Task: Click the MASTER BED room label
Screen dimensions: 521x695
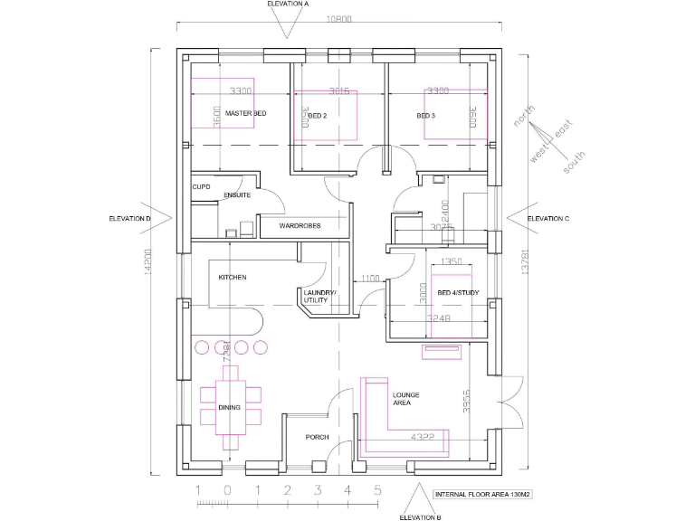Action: pos(245,114)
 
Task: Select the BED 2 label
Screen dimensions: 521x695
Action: pos(317,116)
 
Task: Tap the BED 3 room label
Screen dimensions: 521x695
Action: pos(426,116)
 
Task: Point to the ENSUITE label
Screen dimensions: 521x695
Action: pos(237,194)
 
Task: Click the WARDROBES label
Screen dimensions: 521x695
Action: pos(300,225)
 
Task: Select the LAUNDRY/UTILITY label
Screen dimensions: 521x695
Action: pos(319,297)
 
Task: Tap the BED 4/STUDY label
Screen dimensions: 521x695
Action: pos(456,293)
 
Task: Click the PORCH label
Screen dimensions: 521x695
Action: pos(317,437)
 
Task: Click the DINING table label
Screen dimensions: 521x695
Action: pos(229,408)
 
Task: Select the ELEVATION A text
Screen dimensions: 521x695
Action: pos(288,5)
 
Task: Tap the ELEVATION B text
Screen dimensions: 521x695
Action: pos(420,517)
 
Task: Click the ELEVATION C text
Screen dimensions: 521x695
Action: pos(547,218)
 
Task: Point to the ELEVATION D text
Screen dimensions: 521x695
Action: pos(129,218)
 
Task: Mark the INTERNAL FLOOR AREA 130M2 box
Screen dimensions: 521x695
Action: pos(481,495)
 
